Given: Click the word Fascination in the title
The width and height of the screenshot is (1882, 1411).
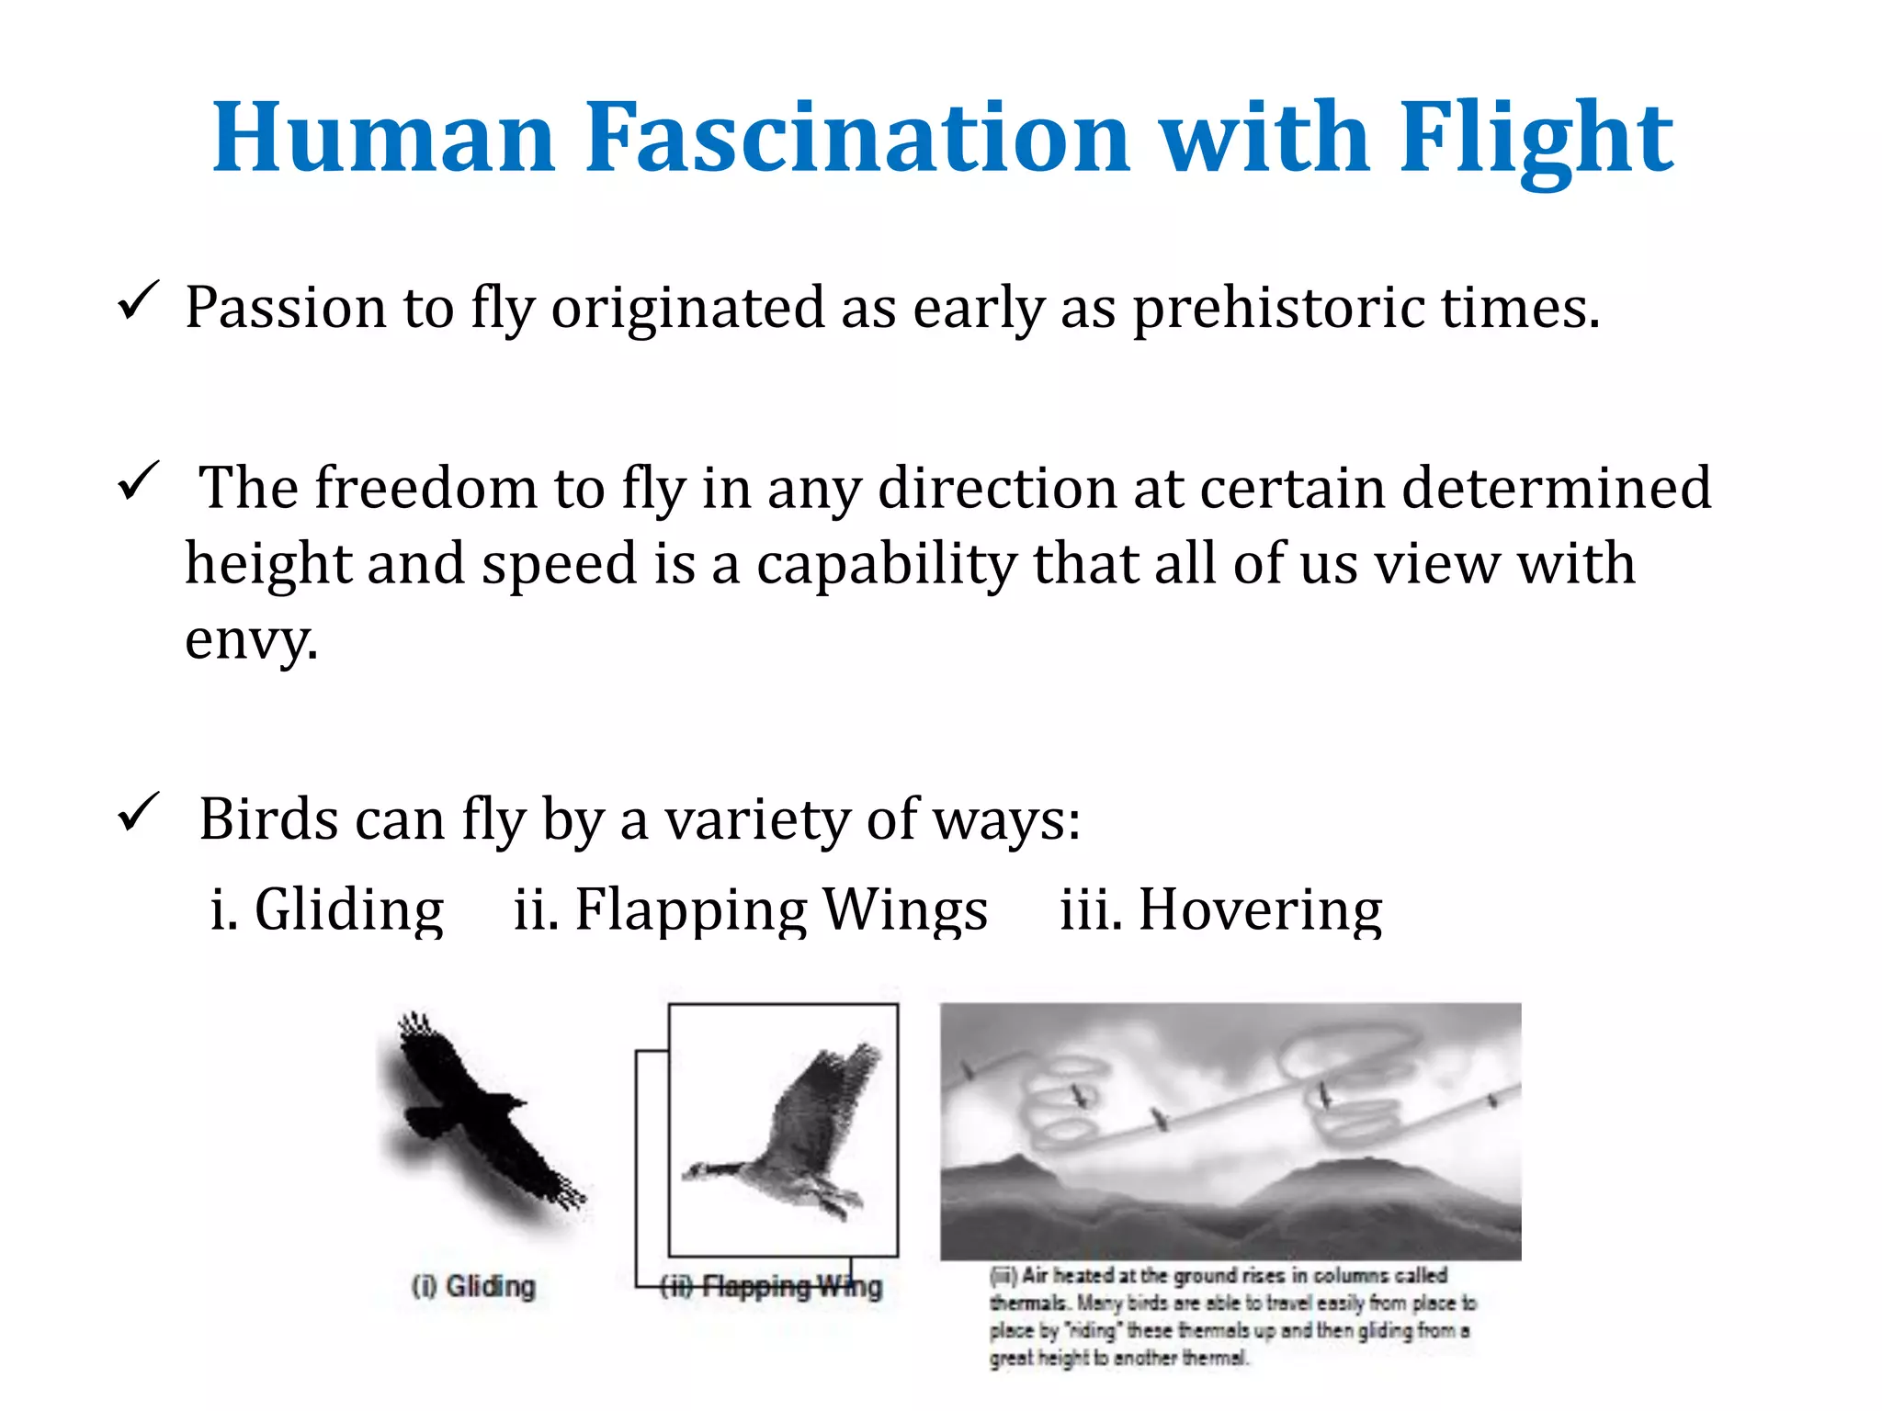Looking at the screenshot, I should tap(856, 138).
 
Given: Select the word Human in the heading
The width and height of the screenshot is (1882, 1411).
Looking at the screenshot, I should tap(384, 138).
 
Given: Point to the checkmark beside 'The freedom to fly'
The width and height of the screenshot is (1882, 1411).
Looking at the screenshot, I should tap(139, 481).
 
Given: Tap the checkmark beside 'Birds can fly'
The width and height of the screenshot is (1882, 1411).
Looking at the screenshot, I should tap(139, 813).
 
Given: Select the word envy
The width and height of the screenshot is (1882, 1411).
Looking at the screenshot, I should tap(250, 639).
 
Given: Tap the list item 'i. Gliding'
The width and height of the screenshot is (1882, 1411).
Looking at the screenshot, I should tap(327, 909).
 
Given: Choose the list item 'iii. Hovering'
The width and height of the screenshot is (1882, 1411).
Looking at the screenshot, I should tap(1220, 909).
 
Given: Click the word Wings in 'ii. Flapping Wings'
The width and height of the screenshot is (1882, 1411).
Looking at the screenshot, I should tap(905, 909).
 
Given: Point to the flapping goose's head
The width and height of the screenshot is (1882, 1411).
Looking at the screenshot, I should tap(698, 1171).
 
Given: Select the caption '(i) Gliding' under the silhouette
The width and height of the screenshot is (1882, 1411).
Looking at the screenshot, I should tap(473, 1286).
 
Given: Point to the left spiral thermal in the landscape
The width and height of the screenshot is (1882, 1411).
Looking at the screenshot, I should tap(1066, 1102).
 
